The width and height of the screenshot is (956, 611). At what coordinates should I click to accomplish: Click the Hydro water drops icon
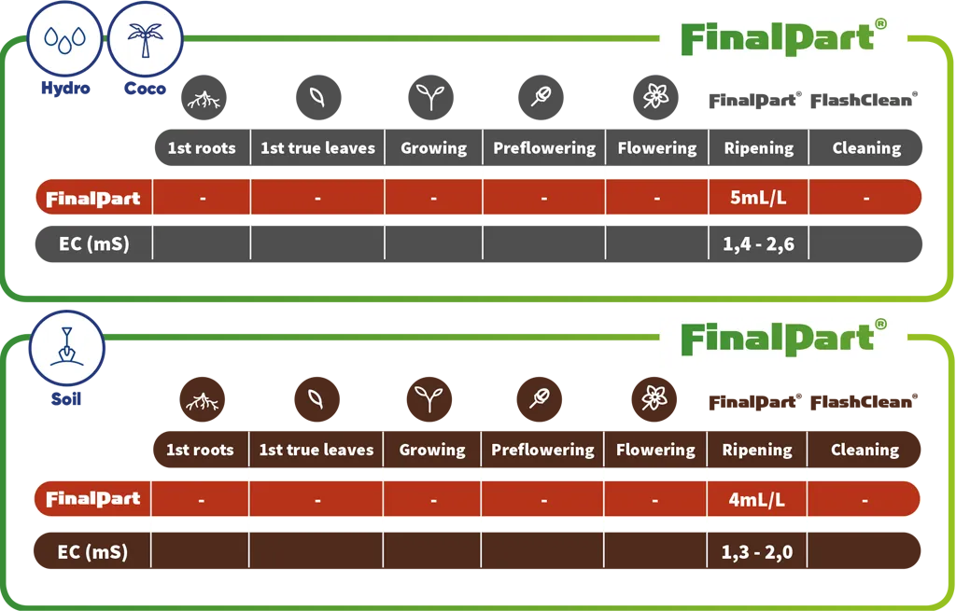[x=64, y=39]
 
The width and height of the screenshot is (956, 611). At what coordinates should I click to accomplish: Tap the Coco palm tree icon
[x=145, y=39]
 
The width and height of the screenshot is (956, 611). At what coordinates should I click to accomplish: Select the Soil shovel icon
[x=66, y=349]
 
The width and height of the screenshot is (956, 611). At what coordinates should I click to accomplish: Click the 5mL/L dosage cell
[x=758, y=198]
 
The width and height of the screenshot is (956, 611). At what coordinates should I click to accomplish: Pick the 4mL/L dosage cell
[x=756, y=499]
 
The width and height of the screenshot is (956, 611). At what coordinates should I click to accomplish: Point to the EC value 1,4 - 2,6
[x=758, y=244]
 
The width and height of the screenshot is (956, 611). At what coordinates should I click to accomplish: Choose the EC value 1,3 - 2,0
[x=756, y=552]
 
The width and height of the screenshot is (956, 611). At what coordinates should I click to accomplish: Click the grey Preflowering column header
[x=544, y=147]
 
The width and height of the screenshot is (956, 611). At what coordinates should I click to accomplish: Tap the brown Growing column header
[x=432, y=450]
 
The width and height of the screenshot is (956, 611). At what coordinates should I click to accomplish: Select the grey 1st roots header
[x=203, y=147]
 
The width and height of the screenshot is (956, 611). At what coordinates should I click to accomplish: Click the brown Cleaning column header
[x=864, y=450]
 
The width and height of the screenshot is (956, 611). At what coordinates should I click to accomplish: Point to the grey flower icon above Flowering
[x=655, y=97]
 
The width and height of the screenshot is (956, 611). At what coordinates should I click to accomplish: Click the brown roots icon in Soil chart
[x=203, y=399]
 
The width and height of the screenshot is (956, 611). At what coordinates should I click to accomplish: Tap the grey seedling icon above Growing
[x=431, y=97]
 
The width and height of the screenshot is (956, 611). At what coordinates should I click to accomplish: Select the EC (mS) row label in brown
[x=92, y=552]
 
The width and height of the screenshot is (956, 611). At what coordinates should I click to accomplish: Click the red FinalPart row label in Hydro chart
[x=93, y=198]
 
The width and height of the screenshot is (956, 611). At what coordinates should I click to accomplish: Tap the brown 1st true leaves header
[x=316, y=450]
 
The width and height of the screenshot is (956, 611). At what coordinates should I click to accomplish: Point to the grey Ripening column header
[x=758, y=147]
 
